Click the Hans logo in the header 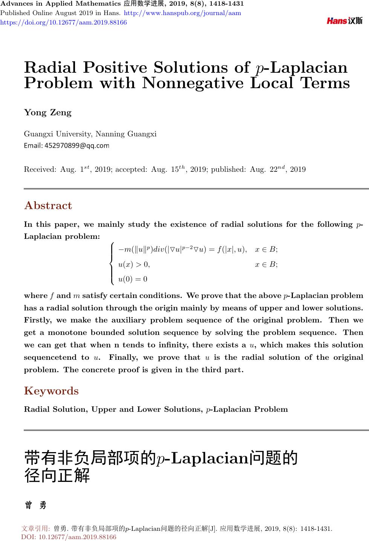click(345, 21)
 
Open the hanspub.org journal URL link click(182, 13)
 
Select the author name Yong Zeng click(47, 113)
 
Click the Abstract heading click(48, 206)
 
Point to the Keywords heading click(51, 391)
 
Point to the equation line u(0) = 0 click(133, 279)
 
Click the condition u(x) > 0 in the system click(134, 264)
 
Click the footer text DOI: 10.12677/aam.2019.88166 click(69, 537)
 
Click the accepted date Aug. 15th click(168, 169)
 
